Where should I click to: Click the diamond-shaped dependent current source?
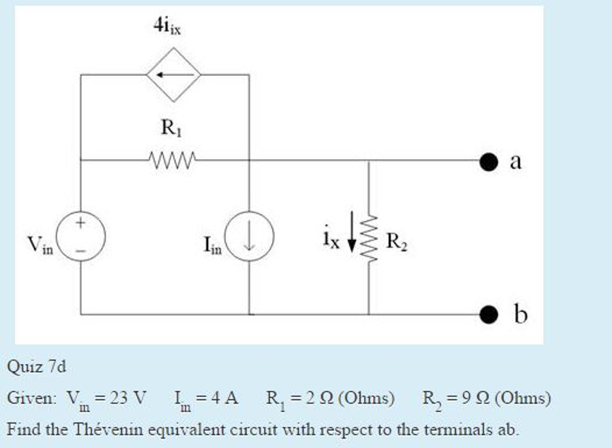pos(173,75)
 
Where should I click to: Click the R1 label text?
pos(169,127)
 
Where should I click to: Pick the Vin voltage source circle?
pos(81,237)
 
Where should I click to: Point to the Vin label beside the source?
pos(41,244)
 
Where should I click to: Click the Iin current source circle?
pos(249,237)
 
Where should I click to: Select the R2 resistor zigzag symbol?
pos(369,237)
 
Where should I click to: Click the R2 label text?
pos(397,241)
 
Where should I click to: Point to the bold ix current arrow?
pos(352,230)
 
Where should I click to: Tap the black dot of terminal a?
pos(488,161)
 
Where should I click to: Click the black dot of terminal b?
pos(488,313)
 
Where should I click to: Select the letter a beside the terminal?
pos(515,161)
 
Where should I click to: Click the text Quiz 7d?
pos(36,366)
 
